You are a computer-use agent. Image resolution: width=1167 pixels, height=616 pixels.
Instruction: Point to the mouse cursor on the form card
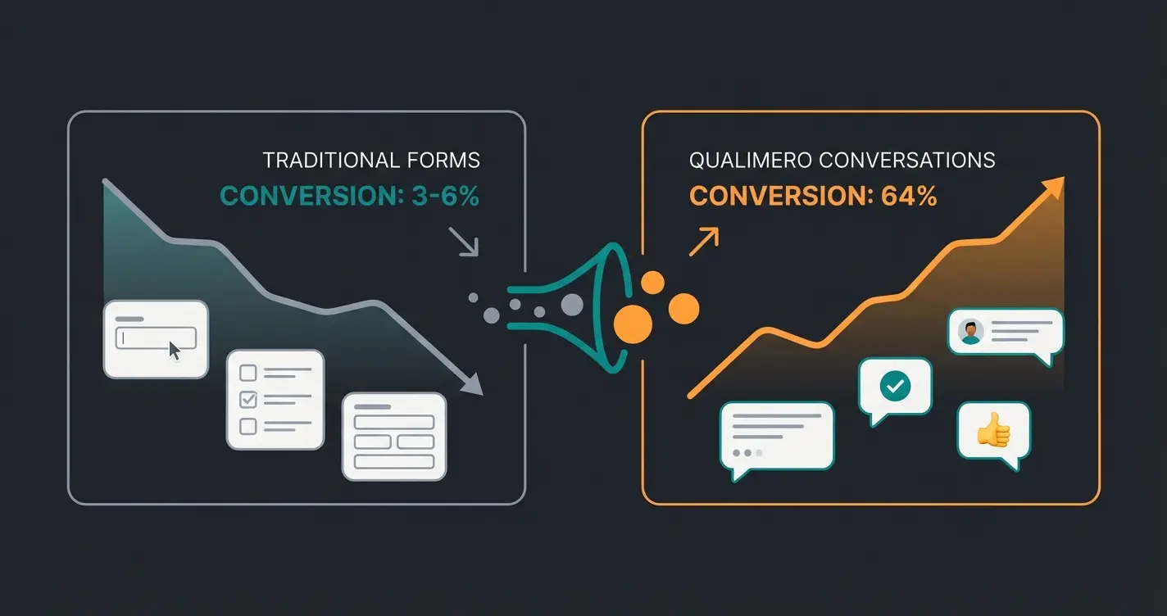(175, 351)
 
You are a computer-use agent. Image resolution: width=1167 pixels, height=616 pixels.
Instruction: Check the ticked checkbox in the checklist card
(247, 400)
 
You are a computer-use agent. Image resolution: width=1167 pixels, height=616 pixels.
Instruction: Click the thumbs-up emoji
(993, 430)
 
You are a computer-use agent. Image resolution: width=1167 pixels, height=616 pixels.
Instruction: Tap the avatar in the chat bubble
(971, 331)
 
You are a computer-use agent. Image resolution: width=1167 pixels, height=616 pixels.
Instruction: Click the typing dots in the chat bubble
(747, 452)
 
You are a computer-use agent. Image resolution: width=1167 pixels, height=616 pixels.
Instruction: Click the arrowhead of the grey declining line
(473, 385)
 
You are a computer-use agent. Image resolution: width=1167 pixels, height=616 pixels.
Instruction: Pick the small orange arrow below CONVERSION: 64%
(704, 242)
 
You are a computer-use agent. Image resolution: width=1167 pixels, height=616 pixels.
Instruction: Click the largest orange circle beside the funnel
(632, 323)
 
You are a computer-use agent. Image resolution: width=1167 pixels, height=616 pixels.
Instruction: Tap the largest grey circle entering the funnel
(571, 305)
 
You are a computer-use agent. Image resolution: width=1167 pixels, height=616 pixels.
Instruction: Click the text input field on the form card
(156, 337)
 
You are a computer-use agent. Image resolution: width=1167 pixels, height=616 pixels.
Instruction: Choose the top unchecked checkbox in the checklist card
(247, 374)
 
